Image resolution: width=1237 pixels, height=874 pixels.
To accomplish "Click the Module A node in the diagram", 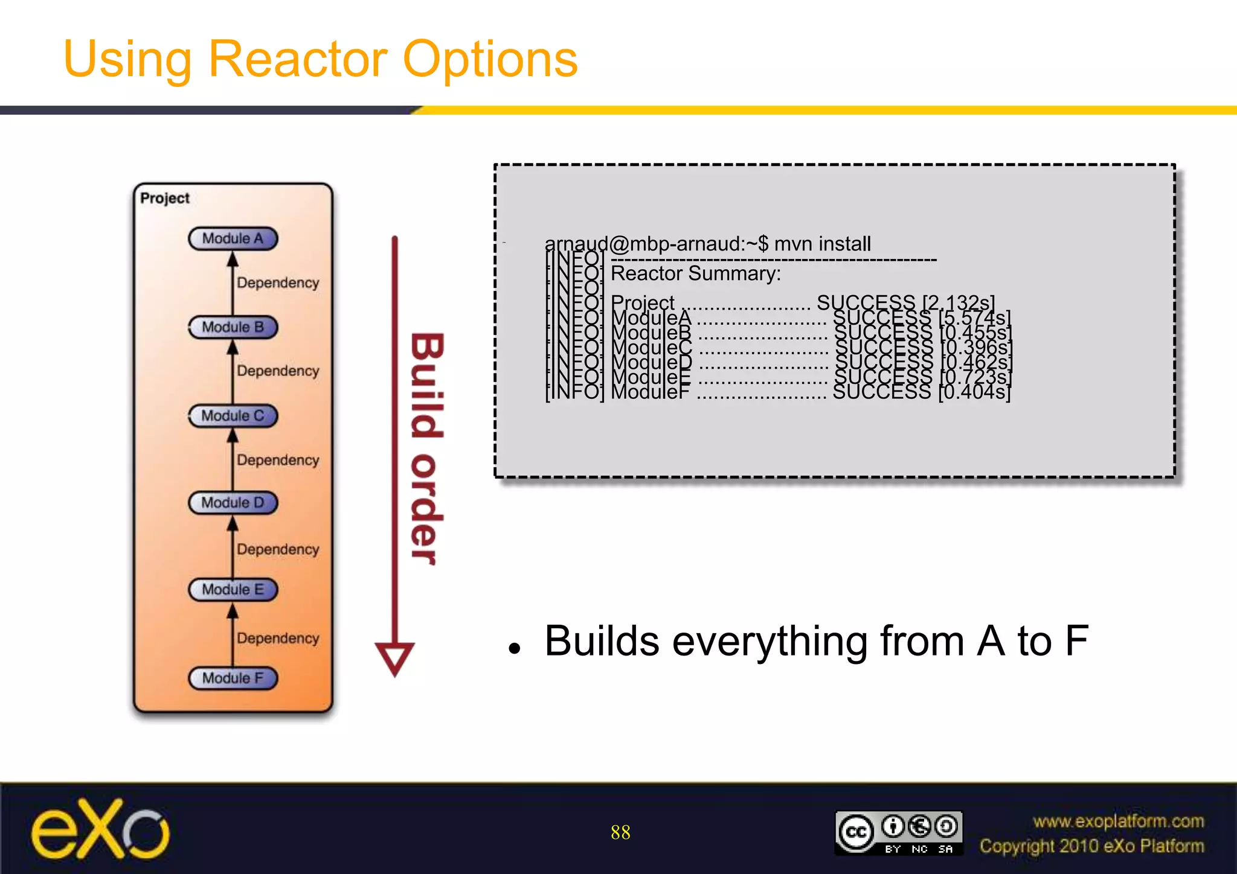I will (233, 238).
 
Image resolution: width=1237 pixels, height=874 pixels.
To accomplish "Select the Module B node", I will (233, 327).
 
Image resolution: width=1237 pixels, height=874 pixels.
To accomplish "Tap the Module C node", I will (233, 416).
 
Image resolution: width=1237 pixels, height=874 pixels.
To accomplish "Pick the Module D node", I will (233, 503).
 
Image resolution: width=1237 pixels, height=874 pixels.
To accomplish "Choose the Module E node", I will (233, 590).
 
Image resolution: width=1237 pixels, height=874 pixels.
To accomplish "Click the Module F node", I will (233, 678).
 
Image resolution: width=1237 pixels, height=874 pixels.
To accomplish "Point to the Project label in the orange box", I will (165, 198).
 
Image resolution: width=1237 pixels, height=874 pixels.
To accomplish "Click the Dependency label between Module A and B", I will (278, 282).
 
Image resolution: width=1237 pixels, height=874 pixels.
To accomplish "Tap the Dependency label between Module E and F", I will (278, 638).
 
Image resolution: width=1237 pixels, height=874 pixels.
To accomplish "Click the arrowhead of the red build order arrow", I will (394, 658).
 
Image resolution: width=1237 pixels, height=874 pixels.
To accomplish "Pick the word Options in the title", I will (490, 59).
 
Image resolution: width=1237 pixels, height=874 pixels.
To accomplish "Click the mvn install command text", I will (822, 244).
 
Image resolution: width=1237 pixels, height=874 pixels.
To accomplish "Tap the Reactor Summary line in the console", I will (696, 273).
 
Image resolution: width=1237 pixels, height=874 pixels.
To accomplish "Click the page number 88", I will (620, 832).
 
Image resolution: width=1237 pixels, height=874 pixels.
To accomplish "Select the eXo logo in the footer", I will (100, 829).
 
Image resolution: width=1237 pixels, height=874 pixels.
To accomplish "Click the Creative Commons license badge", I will (898, 832).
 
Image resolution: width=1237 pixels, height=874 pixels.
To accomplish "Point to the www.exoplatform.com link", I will (1118, 821).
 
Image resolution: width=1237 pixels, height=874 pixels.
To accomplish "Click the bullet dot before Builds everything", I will (514, 649).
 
